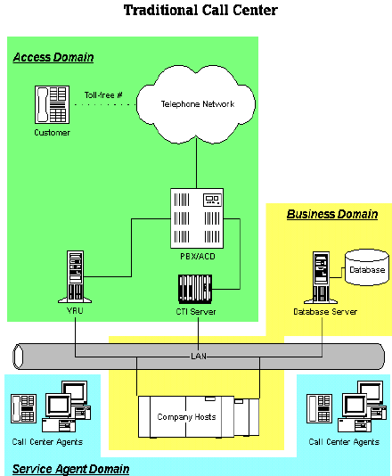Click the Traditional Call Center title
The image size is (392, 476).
pyautogui.click(x=200, y=10)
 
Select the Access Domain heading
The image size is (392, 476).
pyautogui.click(x=53, y=57)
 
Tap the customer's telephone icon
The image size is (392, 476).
pyautogui.click(x=52, y=104)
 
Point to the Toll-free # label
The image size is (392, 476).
pyautogui.click(x=103, y=95)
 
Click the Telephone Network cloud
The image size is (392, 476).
pyautogui.click(x=196, y=104)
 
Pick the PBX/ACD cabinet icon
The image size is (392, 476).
pyautogui.click(x=197, y=218)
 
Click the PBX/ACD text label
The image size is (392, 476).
pyautogui.click(x=198, y=257)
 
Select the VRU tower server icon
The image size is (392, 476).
pyautogui.click(x=75, y=276)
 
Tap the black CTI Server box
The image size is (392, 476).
pyautogui.click(x=195, y=289)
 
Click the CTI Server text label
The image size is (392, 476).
pyautogui.click(x=196, y=312)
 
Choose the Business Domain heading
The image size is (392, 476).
pyautogui.click(x=332, y=214)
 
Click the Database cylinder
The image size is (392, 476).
pyautogui.click(x=367, y=267)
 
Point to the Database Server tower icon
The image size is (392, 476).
pyautogui.click(x=321, y=277)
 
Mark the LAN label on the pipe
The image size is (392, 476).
pyautogui.click(x=199, y=356)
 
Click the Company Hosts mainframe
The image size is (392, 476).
pyautogui.click(x=199, y=417)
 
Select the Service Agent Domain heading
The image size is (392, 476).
pyautogui.click(x=70, y=469)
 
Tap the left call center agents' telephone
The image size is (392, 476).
pyautogui.click(x=24, y=408)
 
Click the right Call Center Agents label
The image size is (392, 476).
pyautogui.click(x=344, y=442)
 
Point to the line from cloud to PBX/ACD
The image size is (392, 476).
pyautogui.click(x=196, y=164)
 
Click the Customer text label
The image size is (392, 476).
pyautogui.click(x=53, y=133)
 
